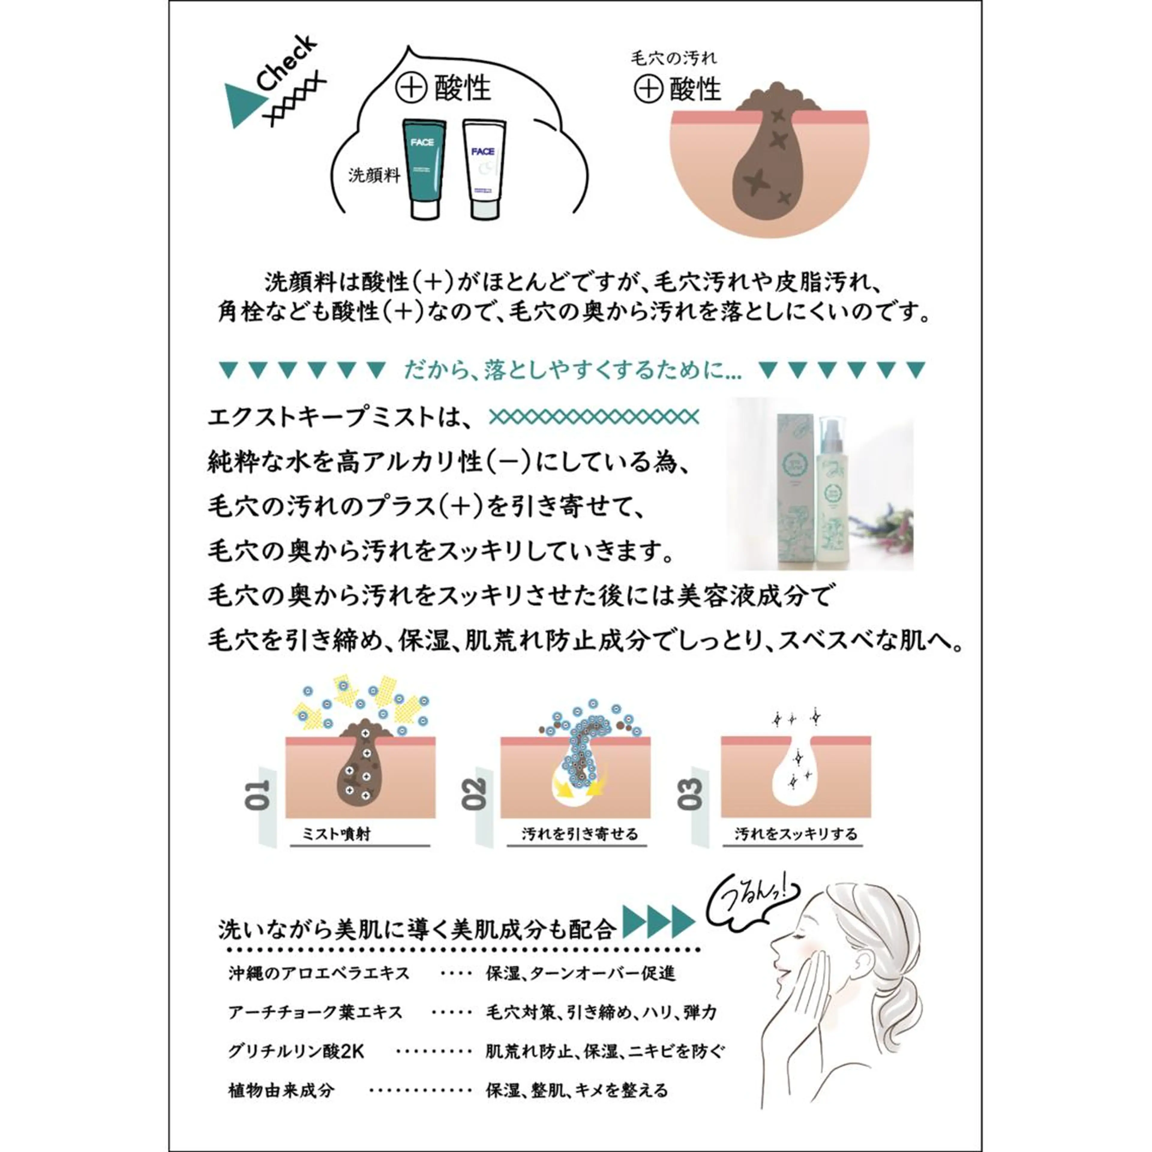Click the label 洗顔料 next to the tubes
[374, 176]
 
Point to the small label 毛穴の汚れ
[674, 58]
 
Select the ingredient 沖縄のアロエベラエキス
[319, 974]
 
